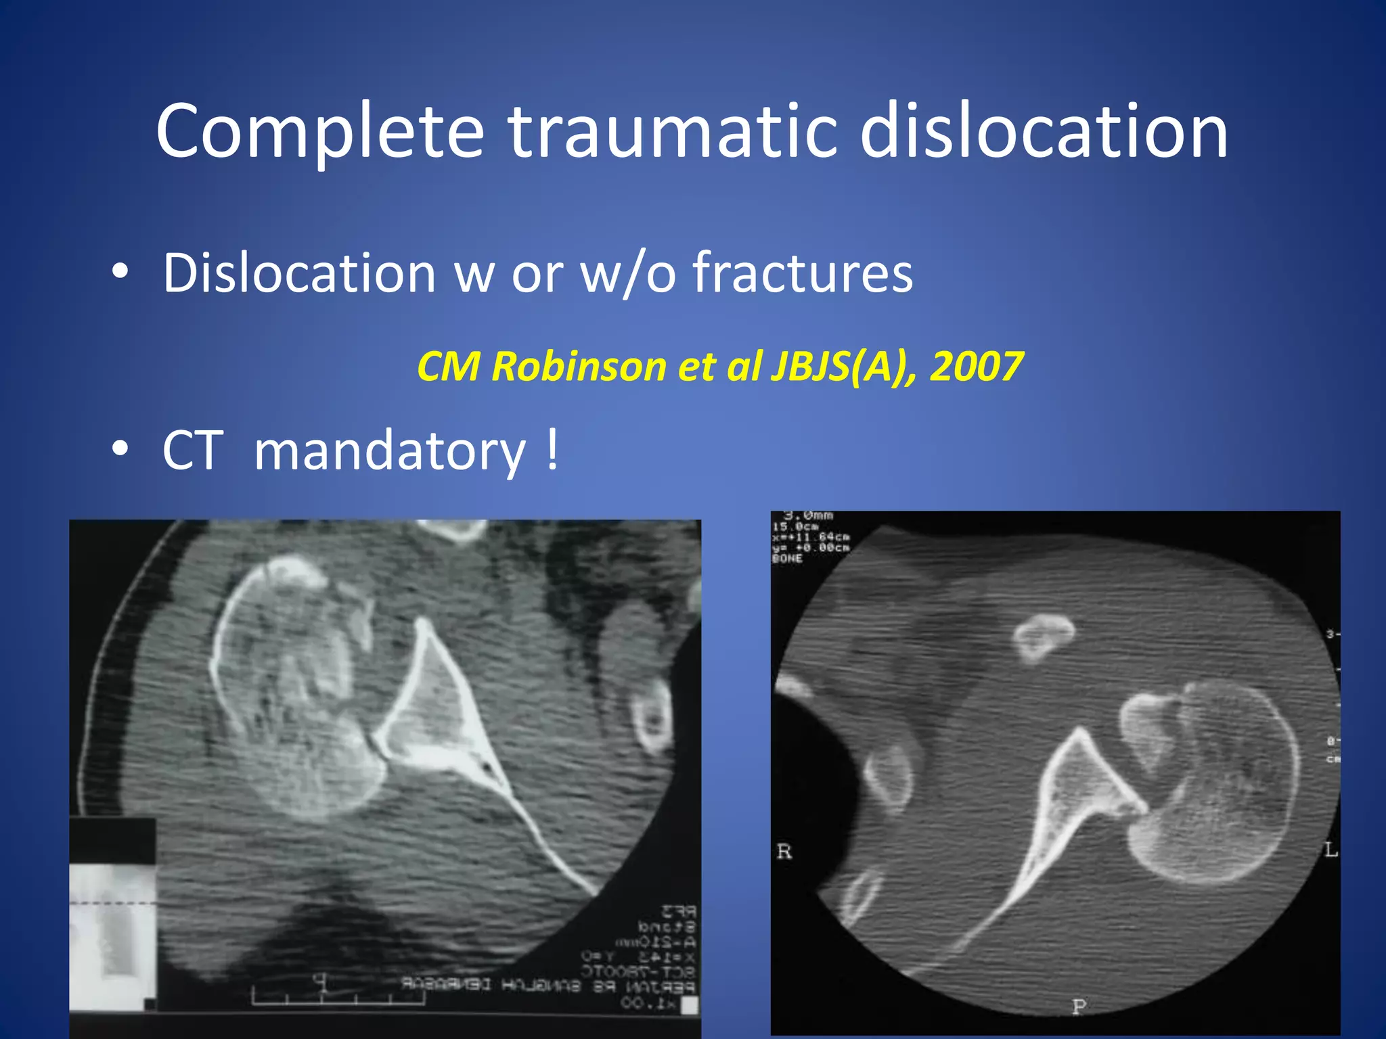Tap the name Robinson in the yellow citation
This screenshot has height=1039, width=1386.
click(579, 367)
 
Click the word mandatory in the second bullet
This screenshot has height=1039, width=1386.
click(389, 452)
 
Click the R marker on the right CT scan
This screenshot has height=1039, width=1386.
click(784, 852)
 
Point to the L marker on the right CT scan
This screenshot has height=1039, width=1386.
click(1331, 850)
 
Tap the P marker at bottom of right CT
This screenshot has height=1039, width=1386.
click(1079, 1007)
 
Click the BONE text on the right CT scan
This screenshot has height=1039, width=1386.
click(787, 559)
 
